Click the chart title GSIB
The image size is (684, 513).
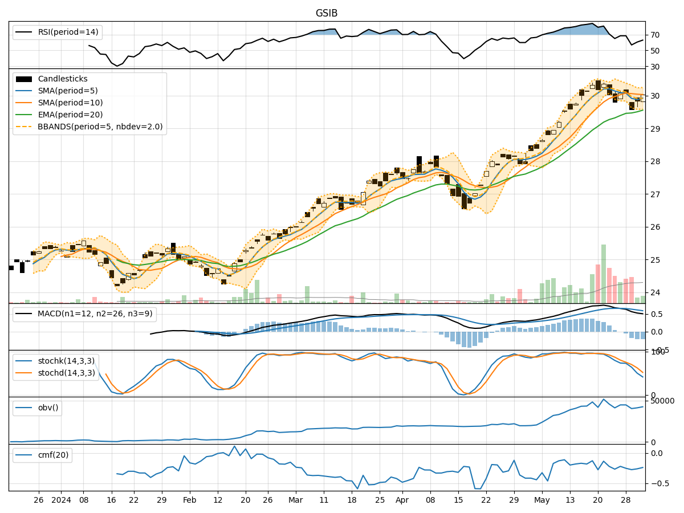pyautogui.click(x=327, y=13)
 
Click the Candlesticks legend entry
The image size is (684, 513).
pyautogui.click(x=63, y=79)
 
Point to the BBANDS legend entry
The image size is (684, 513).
pyautogui.click(x=100, y=127)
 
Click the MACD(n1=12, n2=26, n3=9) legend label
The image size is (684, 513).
pyautogui.click(x=95, y=315)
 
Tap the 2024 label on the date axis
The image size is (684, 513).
pyautogui.click(x=61, y=500)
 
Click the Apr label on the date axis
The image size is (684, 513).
pyautogui.click(x=402, y=500)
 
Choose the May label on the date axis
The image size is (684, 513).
pyautogui.click(x=542, y=500)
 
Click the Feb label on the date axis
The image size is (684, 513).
pyautogui.click(x=190, y=500)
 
